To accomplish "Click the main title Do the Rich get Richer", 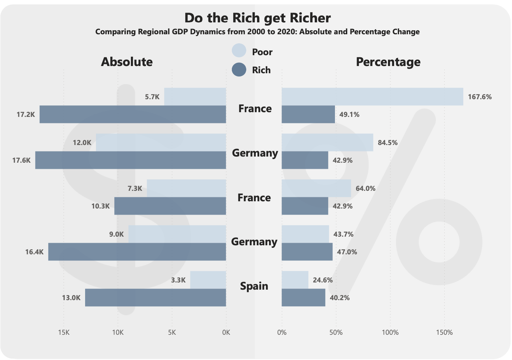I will (257, 18).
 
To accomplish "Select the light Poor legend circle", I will (239, 51).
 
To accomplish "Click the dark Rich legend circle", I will (239, 70).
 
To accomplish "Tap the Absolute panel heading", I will (127, 62).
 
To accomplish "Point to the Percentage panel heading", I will (388, 62).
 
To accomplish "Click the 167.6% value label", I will (480, 97).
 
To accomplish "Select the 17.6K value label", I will (21, 160).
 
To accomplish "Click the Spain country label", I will (254, 286).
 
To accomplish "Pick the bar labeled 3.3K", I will (208, 280).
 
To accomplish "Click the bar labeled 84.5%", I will (327, 142).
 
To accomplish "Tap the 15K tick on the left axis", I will (64, 332).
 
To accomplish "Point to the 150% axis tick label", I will (444, 332).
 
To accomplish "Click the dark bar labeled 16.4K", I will (137, 252).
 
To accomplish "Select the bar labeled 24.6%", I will (295, 280).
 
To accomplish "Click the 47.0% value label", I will (347, 252).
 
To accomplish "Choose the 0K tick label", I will (226, 332).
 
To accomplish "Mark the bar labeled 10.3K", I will (170, 206).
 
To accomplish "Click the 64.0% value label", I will (365, 188).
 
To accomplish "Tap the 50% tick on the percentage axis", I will (336, 332).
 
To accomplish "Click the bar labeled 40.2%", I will (303, 298).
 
